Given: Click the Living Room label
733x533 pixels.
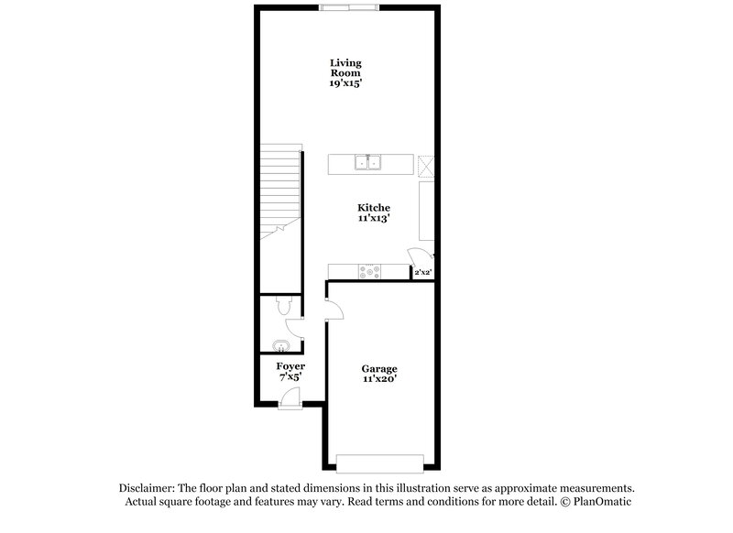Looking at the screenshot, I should pyautogui.click(x=346, y=68).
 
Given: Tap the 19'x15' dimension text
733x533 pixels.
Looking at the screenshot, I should pyautogui.click(x=346, y=82).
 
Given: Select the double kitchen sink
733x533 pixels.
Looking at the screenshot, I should pyautogui.click(x=368, y=164).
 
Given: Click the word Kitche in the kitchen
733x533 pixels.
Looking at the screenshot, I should pyautogui.click(x=372, y=208).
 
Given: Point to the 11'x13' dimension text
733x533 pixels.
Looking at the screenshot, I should pyautogui.click(x=372, y=220).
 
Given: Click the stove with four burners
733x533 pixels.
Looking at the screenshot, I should pyautogui.click(x=370, y=271).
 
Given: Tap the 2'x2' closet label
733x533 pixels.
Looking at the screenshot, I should pyautogui.click(x=422, y=273).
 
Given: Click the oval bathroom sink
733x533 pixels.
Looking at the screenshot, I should pyautogui.click(x=280, y=345).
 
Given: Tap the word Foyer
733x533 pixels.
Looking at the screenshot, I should pyautogui.click(x=290, y=366).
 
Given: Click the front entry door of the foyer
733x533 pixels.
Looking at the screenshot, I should pyautogui.click(x=290, y=396).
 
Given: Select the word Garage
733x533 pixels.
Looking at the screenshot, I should pyautogui.click(x=378, y=369).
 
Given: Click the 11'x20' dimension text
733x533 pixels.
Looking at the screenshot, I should pyautogui.click(x=378, y=379).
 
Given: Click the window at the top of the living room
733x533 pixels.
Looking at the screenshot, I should pyautogui.click(x=347, y=7).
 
